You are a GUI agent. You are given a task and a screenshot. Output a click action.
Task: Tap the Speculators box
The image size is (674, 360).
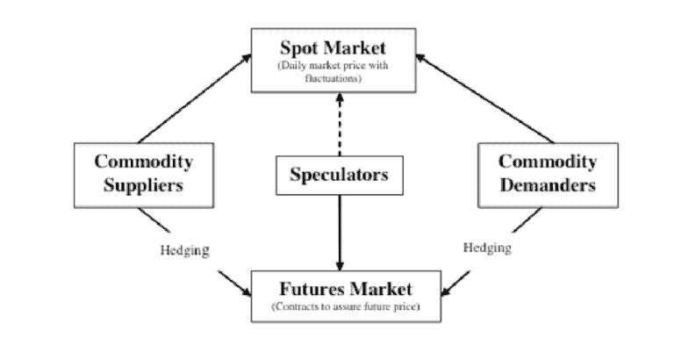(339, 175)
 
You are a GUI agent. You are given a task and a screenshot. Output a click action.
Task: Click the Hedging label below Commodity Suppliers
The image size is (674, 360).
(184, 249)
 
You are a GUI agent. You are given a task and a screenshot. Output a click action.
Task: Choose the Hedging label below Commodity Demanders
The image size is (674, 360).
(487, 248)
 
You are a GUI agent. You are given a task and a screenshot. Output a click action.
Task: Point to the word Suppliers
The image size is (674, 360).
(143, 185)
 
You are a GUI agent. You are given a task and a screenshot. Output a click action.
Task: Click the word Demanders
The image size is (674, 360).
(547, 185)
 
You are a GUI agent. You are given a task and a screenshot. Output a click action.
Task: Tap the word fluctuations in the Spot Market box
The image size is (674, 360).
(339, 78)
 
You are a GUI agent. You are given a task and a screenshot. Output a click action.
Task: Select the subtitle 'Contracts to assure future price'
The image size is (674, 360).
(338, 307)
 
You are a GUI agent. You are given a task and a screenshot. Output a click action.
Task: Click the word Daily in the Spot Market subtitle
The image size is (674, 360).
(290, 66)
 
